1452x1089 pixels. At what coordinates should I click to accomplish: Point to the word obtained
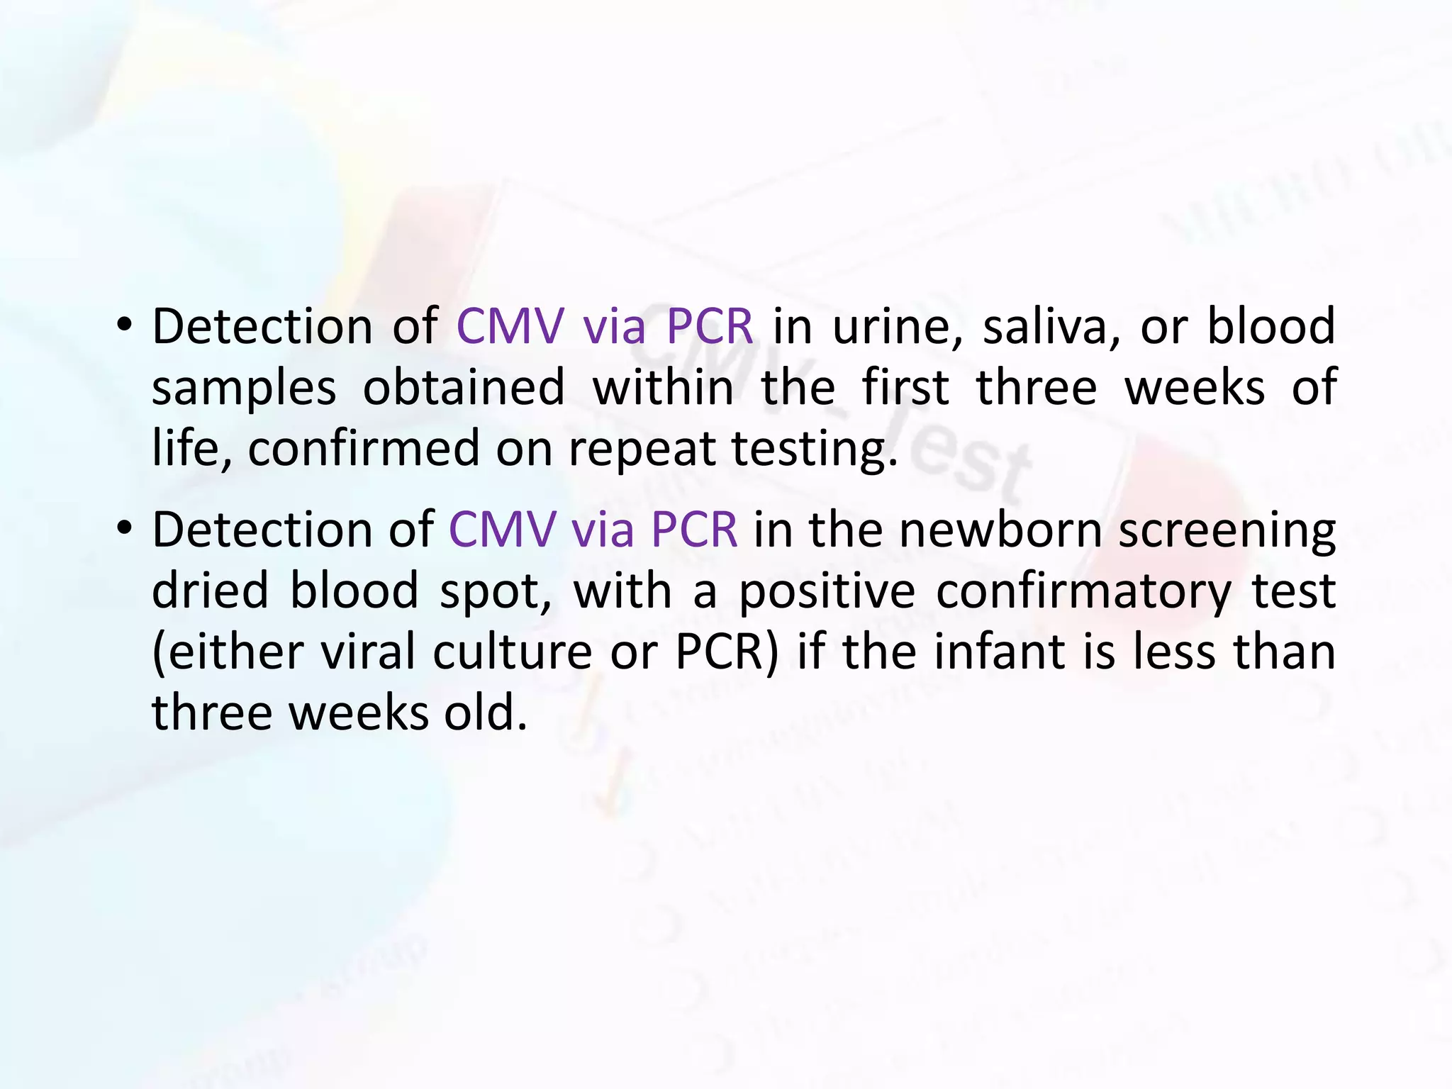(x=464, y=388)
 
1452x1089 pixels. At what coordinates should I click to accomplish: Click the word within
(x=663, y=388)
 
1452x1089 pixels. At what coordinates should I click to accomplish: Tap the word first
(x=905, y=388)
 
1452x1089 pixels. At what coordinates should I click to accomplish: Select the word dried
(x=210, y=591)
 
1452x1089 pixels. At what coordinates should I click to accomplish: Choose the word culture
(x=513, y=652)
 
